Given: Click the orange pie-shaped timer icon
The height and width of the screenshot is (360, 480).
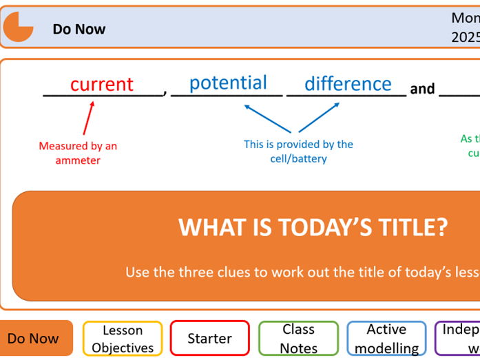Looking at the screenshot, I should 18,28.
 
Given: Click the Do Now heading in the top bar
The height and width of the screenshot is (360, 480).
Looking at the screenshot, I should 79,29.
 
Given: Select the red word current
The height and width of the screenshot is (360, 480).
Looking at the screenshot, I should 101,84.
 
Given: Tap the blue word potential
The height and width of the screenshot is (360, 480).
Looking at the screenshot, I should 228,83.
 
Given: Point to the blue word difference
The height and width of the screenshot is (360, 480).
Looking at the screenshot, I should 348,84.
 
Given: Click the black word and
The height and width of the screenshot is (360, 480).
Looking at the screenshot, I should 422,89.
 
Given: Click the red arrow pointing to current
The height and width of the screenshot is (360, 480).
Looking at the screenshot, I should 88,117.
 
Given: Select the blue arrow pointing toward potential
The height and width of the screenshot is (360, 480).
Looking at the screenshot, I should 269,118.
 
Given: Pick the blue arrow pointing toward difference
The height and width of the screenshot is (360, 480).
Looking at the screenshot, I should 319,117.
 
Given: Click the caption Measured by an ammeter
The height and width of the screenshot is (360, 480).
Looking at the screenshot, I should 78,153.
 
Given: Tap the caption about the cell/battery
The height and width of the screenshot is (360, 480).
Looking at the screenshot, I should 298,151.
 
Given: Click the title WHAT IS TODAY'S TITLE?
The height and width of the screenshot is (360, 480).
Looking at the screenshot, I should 313,227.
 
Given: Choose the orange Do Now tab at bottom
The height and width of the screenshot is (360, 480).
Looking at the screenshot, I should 34,338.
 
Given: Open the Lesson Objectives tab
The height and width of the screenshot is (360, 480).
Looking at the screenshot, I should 123,339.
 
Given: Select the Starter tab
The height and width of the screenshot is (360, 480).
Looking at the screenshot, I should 209,339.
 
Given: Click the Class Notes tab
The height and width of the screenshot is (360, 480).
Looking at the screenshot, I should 298,339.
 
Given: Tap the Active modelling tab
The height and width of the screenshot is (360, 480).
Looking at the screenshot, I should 386,339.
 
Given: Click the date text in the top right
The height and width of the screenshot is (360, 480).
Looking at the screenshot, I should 466,28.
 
